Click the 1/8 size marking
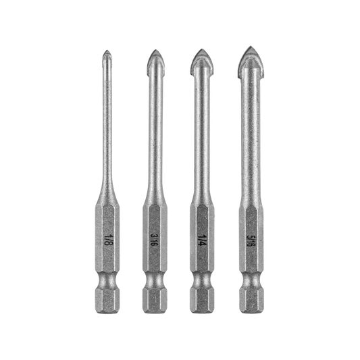pyautogui.click(x=107, y=240)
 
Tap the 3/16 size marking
pyautogui.click(x=153, y=240)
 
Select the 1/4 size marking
pyautogui.click(x=201, y=240)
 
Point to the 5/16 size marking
pyautogui.click(x=249, y=240)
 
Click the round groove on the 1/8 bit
pyautogui.click(x=107, y=280)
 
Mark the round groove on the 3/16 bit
pyautogui.click(x=154, y=280)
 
